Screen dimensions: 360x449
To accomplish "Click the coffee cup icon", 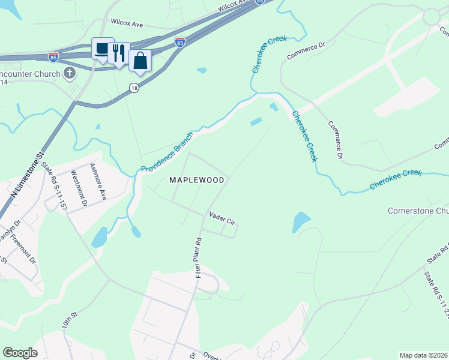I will [102, 49].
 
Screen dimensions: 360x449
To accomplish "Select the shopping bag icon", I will [140, 61].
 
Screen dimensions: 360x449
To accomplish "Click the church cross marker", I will [70, 74].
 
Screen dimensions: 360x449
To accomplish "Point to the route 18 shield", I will [134, 88].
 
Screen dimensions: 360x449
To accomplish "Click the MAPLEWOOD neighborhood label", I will [196, 180].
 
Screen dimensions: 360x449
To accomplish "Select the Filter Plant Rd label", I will [197, 257].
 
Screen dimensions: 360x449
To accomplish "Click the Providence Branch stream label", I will [167, 151].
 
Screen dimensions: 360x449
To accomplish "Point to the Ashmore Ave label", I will [98, 182].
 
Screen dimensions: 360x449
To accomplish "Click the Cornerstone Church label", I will [418, 211].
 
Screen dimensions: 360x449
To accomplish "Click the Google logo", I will [20, 353].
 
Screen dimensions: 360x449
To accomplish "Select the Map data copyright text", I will [423, 355].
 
